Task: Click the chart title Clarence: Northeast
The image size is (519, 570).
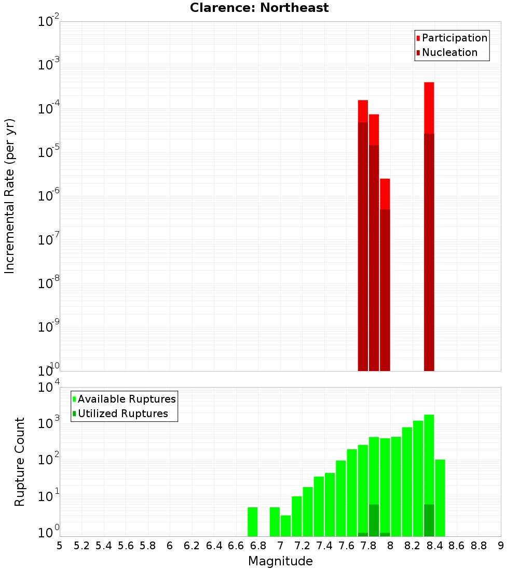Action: click(259, 8)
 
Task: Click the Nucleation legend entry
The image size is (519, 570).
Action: click(449, 52)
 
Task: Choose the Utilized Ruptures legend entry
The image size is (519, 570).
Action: click(122, 414)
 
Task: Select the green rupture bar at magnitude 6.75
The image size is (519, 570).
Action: click(252, 522)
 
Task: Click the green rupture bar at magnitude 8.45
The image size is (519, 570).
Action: click(440, 497)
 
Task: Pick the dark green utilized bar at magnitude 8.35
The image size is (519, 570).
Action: click(429, 520)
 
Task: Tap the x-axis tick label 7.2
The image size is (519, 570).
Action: click(303, 546)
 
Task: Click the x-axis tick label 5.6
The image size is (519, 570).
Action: click(126, 546)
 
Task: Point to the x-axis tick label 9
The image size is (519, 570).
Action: click(501, 546)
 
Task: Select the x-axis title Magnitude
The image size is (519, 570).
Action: click(280, 561)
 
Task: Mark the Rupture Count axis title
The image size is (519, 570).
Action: click(20, 461)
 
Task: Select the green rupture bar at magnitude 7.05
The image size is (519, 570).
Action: click(285, 525)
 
